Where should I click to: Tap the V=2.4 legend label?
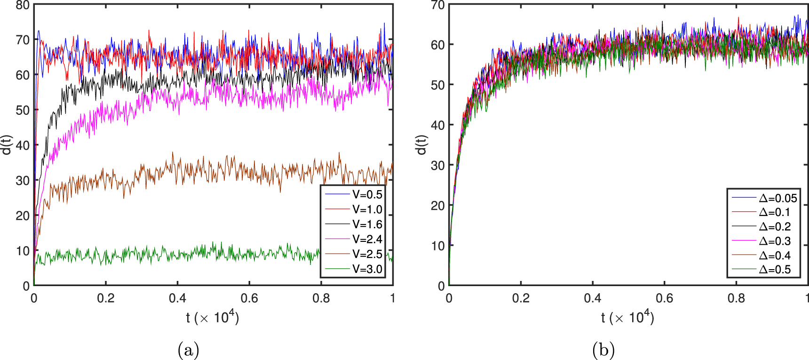pos(367,240)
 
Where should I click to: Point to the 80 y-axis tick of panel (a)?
pos(23,6)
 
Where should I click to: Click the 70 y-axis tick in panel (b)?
pos(437,6)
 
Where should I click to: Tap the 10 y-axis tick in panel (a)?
pos(23,251)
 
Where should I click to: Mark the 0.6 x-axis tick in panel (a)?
pos(249,298)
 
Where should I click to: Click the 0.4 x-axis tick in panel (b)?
pos(593,298)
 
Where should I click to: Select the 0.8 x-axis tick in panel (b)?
pos(736,298)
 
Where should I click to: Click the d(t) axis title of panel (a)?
pos(6,145)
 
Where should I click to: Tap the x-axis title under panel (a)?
pos(212,318)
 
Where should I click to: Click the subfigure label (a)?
pos(188,350)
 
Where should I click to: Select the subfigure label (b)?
pos(603,350)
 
